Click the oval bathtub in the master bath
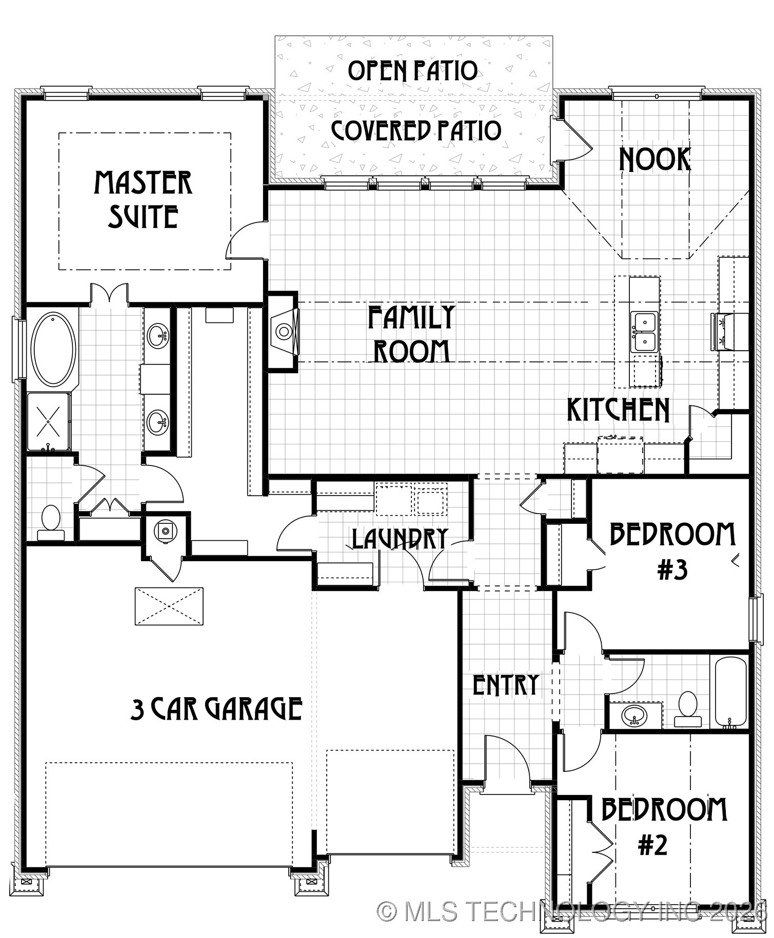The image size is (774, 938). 53,349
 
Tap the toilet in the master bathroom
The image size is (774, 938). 51,522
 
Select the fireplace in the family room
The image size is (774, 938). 283,332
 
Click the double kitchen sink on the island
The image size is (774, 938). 644,332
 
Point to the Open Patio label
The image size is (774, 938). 412,71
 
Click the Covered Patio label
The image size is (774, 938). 415,131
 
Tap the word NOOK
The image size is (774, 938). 654,160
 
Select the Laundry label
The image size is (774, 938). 400,539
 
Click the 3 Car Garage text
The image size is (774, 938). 216,709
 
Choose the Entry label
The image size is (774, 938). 506,685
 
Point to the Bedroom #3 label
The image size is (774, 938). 672,552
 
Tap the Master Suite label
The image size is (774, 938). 143,200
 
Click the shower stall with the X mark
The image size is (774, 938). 49,421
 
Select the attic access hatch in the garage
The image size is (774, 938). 169,606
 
